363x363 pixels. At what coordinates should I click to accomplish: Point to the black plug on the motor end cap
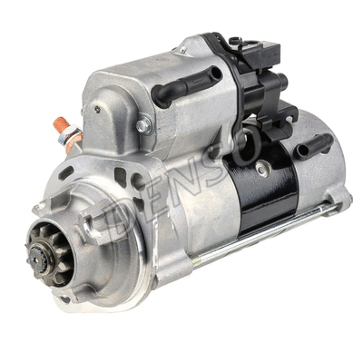[313, 143]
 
